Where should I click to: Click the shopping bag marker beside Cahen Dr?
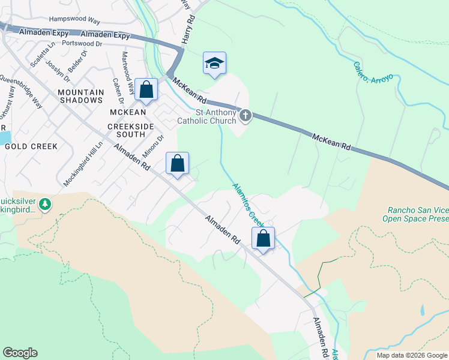click(x=146, y=91)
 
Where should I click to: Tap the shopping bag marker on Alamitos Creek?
click(x=263, y=239)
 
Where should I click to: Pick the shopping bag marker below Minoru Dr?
click(x=178, y=163)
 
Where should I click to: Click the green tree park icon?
click(x=45, y=205)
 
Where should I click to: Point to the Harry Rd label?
click(x=188, y=29)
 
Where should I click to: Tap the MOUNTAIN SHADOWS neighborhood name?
click(x=80, y=96)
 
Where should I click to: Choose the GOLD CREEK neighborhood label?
click(x=31, y=146)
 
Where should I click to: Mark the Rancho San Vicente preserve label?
click(x=417, y=215)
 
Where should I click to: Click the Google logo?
click(x=20, y=353)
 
